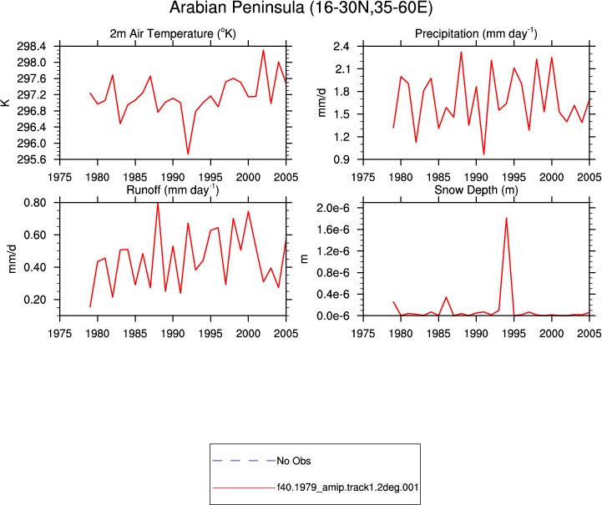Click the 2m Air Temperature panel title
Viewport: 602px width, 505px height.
click(x=173, y=33)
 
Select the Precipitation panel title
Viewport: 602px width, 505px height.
click(x=476, y=33)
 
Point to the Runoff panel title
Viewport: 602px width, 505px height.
click(x=173, y=190)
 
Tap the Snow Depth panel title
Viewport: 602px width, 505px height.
click(x=476, y=190)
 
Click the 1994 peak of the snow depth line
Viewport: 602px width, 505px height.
click(x=507, y=218)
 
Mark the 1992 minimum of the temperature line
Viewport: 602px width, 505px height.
click(x=188, y=154)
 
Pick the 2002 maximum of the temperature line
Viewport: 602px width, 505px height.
click(x=263, y=50)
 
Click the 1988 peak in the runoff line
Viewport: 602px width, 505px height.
click(x=158, y=203)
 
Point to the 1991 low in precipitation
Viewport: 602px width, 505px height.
click(x=483, y=154)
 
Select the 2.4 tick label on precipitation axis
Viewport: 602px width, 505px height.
click(x=341, y=47)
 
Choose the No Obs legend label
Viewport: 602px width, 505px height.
click(x=294, y=461)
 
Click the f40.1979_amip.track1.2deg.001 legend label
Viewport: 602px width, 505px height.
click(x=348, y=487)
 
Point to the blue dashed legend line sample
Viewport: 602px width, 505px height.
click(x=244, y=461)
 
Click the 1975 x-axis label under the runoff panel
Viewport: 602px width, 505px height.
click(x=60, y=334)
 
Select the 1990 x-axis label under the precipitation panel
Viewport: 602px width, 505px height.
click(x=477, y=177)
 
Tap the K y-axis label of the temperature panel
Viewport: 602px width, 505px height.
click(x=5, y=103)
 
